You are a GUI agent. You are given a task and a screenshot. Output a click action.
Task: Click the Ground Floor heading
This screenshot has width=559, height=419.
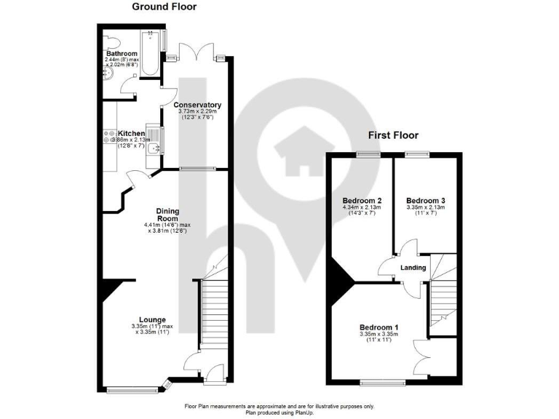(163, 7)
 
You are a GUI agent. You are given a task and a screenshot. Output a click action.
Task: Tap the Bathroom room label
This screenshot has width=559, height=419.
(121, 53)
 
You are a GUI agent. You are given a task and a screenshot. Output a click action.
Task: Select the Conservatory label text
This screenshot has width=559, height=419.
(197, 105)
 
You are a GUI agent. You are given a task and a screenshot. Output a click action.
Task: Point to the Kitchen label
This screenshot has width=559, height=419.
(132, 134)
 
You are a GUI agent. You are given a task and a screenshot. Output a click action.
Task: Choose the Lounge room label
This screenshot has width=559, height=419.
(153, 319)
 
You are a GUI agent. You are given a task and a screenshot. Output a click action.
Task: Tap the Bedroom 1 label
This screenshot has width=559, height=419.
(378, 327)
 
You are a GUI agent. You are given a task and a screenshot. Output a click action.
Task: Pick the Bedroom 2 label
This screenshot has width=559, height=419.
(362, 200)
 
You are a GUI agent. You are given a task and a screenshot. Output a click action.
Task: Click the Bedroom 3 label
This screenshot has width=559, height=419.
(425, 200)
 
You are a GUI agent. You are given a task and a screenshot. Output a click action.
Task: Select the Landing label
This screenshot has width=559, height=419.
(413, 268)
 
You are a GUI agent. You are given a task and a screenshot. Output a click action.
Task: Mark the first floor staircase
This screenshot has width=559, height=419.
(441, 298)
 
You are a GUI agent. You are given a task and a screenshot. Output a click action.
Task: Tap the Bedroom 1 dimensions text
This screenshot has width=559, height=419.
(378, 337)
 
